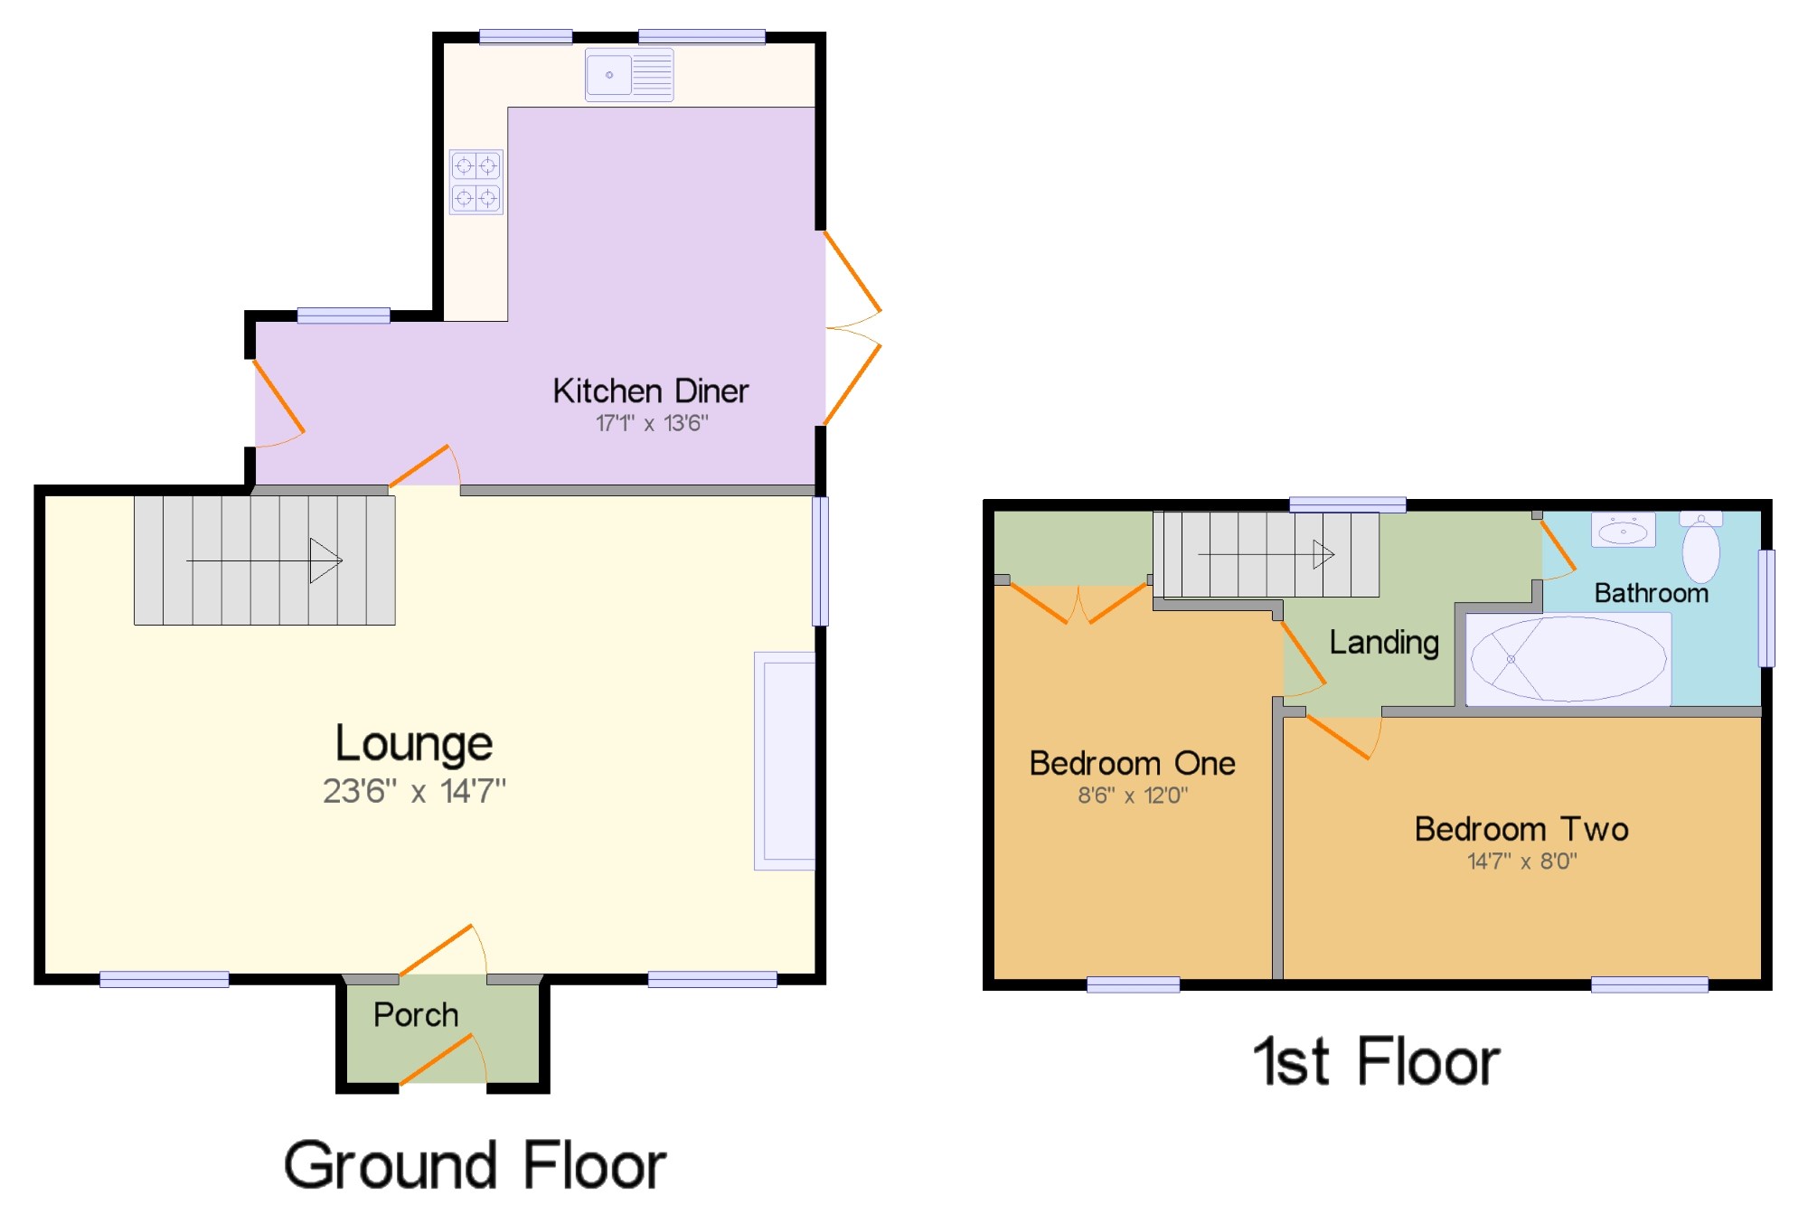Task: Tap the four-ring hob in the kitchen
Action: click(x=476, y=182)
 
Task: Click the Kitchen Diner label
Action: click(x=650, y=391)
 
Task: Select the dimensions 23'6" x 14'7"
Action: click(x=414, y=791)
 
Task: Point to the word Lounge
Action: click(x=414, y=743)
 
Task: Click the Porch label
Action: click(x=416, y=1014)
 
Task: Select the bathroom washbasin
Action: click(x=1623, y=531)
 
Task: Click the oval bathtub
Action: click(x=1568, y=659)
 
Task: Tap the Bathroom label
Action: click(x=1651, y=593)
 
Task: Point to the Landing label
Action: click(x=1383, y=643)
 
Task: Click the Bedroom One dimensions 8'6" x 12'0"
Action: click(x=1132, y=795)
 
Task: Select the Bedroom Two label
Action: click(x=1521, y=829)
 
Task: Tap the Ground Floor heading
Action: click(x=475, y=1165)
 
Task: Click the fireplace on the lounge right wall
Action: click(x=785, y=760)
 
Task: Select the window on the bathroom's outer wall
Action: click(x=1766, y=608)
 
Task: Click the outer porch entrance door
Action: click(x=442, y=1059)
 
